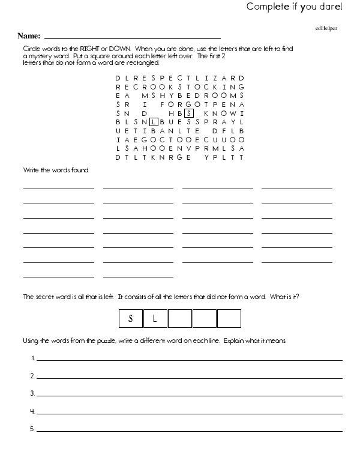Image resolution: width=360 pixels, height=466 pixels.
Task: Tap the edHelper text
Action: (325, 28)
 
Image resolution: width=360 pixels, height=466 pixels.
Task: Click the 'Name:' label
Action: (29, 36)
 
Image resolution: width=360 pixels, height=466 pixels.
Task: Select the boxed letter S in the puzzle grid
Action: (188, 112)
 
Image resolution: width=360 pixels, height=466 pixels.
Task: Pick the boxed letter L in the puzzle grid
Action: (153, 121)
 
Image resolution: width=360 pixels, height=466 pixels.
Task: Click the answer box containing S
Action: (131, 318)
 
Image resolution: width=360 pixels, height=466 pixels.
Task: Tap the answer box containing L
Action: (155, 318)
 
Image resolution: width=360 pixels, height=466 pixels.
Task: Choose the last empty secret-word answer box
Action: (229, 318)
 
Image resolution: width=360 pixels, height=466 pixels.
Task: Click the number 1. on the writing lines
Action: (32, 359)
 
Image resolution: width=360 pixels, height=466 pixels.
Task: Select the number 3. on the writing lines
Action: (32, 394)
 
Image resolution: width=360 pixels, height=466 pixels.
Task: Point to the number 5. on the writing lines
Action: (32, 429)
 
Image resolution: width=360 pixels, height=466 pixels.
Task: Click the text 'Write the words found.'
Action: (56, 171)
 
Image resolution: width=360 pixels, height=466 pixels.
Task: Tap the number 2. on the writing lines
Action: (32, 377)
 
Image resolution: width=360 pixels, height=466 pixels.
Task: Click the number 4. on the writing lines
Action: (32, 412)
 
